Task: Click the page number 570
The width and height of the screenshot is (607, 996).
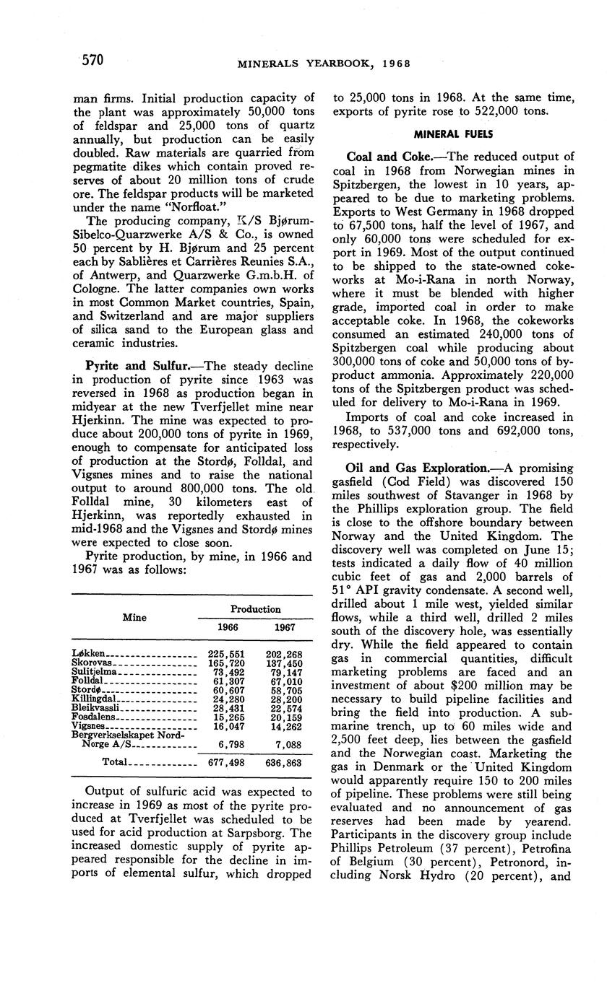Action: [x=92, y=60]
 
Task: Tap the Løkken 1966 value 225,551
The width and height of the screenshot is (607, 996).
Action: [x=217, y=655]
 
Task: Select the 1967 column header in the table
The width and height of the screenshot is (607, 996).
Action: [x=284, y=627]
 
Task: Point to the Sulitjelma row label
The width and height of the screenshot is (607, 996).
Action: [x=98, y=672]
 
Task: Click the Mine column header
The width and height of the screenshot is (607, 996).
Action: [x=134, y=617]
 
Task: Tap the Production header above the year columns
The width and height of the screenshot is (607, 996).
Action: [x=255, y=608]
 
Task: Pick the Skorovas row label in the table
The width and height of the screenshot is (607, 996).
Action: [x=94, y=663]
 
